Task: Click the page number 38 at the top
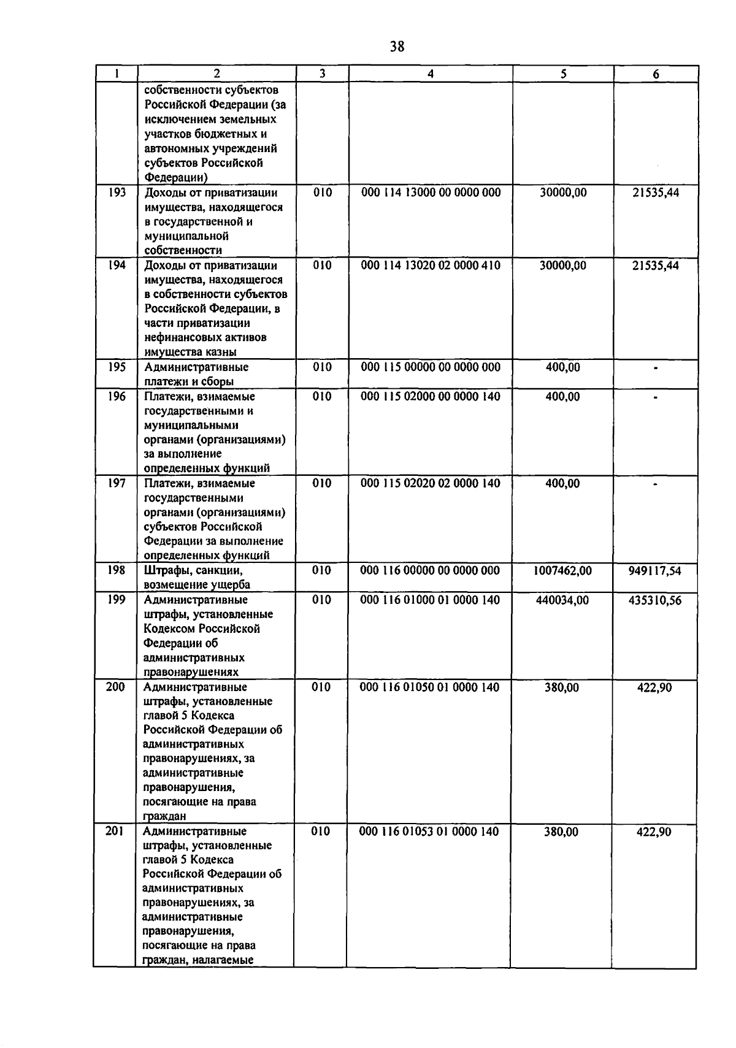pos(397,47)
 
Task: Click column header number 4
pos(431,74)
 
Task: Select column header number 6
pos(656,74)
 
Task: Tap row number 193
pos(117,193)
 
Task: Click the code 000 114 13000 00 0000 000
pos(431,193)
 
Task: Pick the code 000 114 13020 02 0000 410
pos(431,266)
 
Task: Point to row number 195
pos(117,367)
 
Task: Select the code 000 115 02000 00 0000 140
pos(431,397)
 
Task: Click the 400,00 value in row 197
pos(562,484)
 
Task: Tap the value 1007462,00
pos(562,571)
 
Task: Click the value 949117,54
pos(654,571)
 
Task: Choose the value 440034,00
pos(562,600)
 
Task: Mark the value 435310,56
pos(654,600)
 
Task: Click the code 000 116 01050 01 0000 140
pos(429,687)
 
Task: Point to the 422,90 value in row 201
pos(654,832)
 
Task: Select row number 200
pos(115,687)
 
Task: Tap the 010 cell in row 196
pos(322,397)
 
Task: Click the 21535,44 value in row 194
pos(656,266)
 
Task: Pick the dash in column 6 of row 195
pos(656,369)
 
